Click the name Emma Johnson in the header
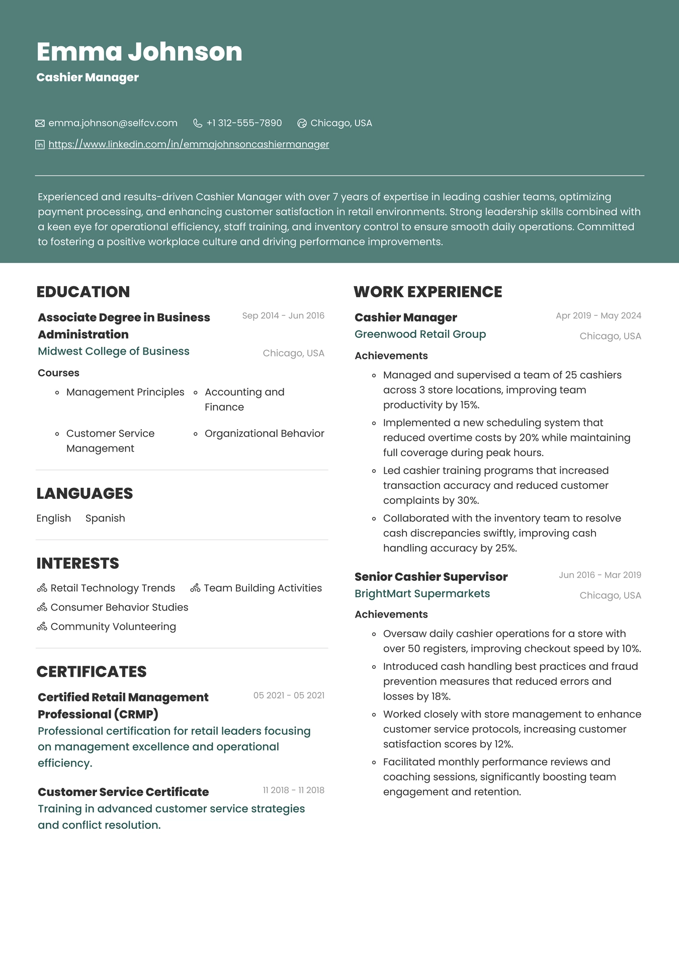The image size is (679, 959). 139,52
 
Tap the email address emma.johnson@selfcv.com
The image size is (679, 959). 113,123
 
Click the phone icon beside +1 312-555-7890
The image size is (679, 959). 198,123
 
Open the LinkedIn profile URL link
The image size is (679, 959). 189,144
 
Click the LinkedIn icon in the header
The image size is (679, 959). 40,145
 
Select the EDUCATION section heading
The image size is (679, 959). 83,292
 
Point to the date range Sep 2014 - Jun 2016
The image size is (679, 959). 283,316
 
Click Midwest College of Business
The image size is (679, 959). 114,351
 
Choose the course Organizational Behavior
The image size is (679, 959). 264,433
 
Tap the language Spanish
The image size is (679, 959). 105,518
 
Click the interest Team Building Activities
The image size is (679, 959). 263,588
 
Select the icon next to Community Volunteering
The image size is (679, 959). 42,627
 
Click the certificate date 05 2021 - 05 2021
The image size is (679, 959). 289,695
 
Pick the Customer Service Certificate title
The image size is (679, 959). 123,792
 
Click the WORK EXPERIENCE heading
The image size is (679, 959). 428,292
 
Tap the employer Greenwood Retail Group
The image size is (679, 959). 420,334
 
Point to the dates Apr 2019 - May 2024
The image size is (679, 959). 598,316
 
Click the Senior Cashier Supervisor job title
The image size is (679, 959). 431,577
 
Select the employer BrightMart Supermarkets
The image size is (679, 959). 422,593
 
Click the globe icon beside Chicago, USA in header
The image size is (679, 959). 302,123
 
